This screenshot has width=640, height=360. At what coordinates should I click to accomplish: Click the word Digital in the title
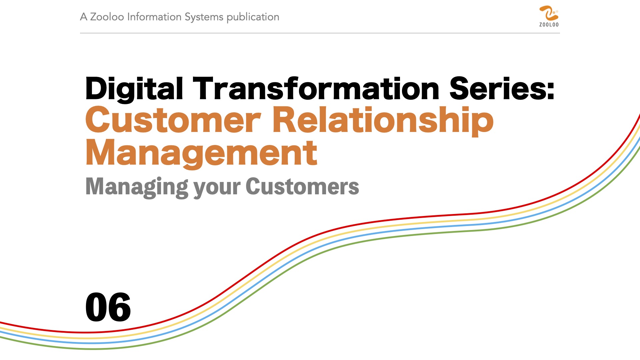click(134, 88)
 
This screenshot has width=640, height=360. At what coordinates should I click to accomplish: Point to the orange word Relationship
click(383, 121)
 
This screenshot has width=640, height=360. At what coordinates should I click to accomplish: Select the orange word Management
click(201, 153)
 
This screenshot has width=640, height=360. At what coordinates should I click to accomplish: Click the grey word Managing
click(137, 187)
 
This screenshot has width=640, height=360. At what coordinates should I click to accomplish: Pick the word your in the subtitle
click(217, 188)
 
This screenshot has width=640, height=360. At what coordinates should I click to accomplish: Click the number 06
click(108, 307)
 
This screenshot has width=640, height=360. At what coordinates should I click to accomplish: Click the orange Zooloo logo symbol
click(549, 13)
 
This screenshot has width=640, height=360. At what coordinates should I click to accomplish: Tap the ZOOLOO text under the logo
click(549, 25)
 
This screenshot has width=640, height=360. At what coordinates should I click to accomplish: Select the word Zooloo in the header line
click(107, 17)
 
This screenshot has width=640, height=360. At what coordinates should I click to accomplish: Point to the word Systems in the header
click(204, 17)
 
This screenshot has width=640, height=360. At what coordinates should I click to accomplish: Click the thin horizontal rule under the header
click(320, 33)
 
